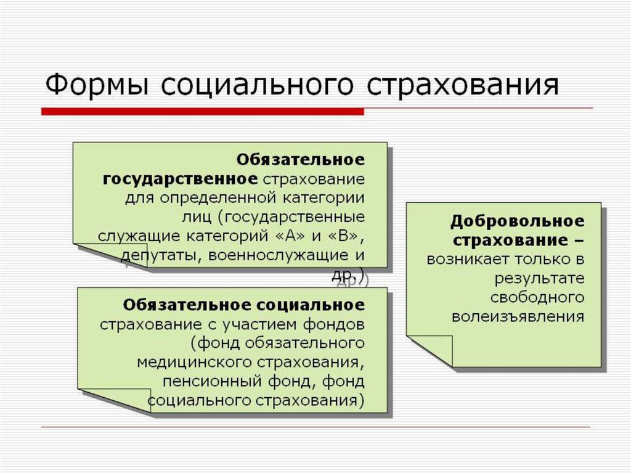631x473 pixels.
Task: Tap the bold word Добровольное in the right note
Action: [x=517, y=221]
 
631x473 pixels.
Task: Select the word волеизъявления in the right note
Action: [x=518, y=317]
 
